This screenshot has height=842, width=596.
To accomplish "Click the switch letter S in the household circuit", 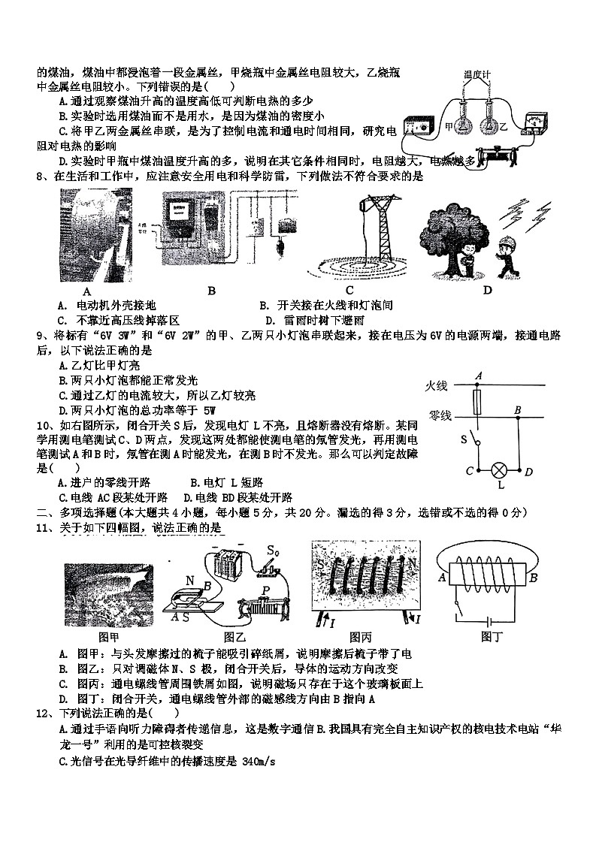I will pyautogui.click(x=464, y=437).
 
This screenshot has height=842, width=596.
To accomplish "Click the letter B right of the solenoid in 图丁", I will pyautogui.click(x=533, y=578).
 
